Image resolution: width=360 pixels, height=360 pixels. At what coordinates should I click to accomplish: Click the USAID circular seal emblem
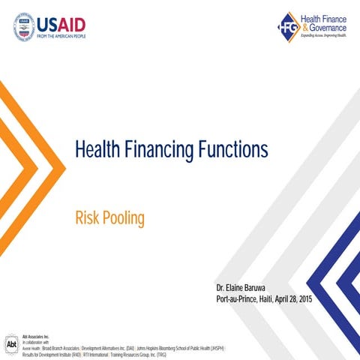(x=25, y=26)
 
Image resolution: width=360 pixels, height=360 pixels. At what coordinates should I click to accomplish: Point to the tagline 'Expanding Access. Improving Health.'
(x=323, y=36)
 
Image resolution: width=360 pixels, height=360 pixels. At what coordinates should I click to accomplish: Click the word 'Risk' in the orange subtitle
(x=87, y=218)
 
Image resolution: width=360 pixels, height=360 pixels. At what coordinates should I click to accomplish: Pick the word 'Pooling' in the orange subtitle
(x=123, y=218)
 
